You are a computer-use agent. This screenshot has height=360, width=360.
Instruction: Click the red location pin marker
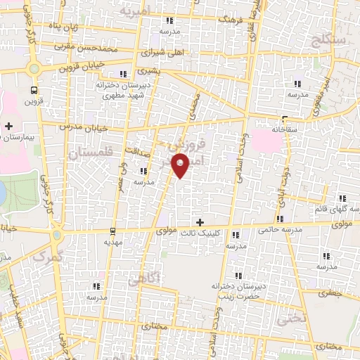(x=181, y=167)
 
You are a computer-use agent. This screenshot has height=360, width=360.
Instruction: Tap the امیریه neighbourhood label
(x=136, y=11)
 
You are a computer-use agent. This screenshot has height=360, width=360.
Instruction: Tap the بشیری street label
(x=148, y=70)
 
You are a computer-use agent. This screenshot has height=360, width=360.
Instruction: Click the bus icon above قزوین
(x=34, y=90)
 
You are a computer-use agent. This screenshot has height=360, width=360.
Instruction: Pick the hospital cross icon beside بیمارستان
(x=8, y=126)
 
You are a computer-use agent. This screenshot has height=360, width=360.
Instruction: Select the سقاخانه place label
(x=284, y=129)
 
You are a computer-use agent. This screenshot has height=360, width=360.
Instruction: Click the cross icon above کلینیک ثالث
(x=200, y=221)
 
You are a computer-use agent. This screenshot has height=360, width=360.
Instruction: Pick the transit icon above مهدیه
(x=112, y=231)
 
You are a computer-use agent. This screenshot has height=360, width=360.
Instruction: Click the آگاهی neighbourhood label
(x=144, y=279)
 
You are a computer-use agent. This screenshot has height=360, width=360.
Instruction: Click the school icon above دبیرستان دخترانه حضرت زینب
(x=237, y=275)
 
